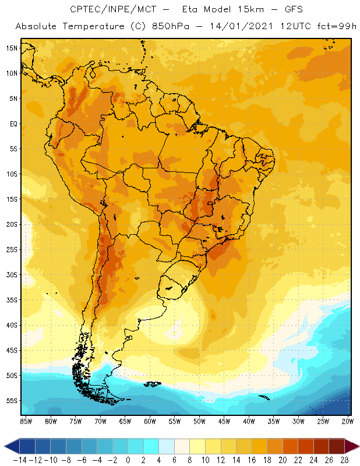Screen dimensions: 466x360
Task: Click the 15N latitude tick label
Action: [x=11, y=48]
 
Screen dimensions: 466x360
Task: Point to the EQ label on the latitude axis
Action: [x=12, y=123]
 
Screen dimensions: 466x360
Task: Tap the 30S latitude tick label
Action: [x=11, y=274]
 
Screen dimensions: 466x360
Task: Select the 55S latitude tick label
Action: [x=11, y=401]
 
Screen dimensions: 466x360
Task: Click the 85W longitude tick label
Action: [x=26, y=421]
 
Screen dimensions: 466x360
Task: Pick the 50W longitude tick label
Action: [x=200, y=421]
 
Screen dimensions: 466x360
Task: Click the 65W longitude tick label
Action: [x=125, y=421]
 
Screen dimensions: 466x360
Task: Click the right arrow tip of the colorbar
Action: [x=356, y=446]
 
